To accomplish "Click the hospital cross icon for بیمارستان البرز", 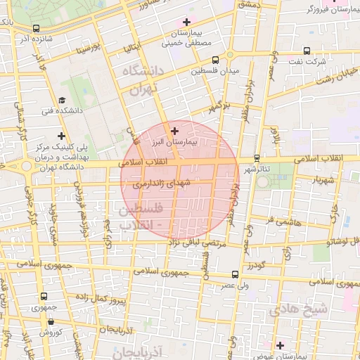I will (175, 130).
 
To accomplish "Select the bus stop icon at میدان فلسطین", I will (214, 60).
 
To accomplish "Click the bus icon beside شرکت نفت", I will (307, 51).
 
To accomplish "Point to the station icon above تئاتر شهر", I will (257, 157).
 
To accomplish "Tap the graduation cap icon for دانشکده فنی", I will (62, 100).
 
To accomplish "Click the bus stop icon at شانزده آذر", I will (35, 29).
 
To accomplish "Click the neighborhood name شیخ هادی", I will (309, 308).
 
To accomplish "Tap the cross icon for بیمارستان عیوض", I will (280, 345).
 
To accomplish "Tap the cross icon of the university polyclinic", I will (62, 136).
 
